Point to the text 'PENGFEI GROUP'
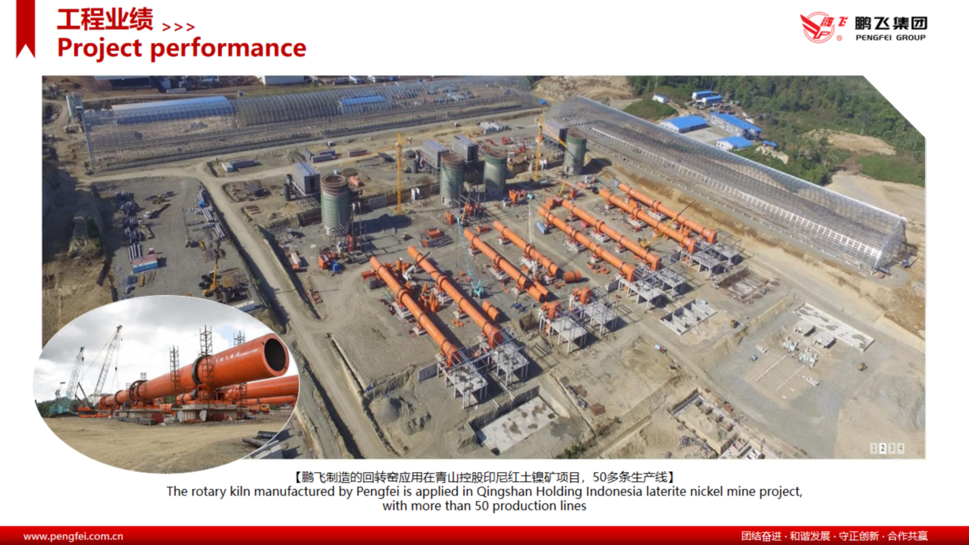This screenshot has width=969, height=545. [x=890, y=37]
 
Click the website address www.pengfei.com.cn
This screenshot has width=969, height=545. [x=73, y=536]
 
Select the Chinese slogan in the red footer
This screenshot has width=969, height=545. [x=834, y=536]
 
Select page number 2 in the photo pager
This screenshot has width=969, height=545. [x=882, y=448]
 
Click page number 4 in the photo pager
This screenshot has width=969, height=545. [x=901, y=448]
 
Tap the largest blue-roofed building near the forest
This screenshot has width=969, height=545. [x=684, y=124]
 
